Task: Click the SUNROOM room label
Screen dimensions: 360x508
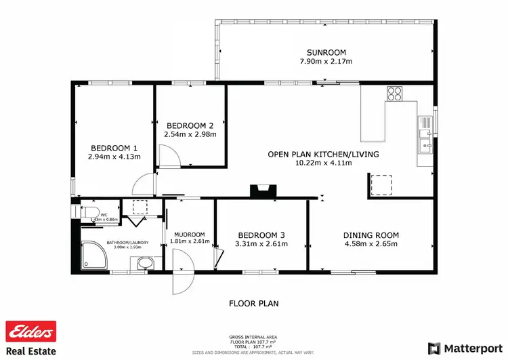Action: tap(326, 52)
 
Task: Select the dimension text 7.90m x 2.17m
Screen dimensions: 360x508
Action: tap(326, 62)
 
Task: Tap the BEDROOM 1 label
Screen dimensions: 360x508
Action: tap(114, 148)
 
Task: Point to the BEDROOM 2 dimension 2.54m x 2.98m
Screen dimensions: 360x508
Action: tap(190, 134)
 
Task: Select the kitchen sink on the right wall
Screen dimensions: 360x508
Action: tap(425, 134)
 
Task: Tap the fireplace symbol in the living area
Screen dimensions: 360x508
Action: tap(261, 192)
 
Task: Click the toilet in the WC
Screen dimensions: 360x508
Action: tap(89, 213)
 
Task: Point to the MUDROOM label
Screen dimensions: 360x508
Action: tap(190, 235)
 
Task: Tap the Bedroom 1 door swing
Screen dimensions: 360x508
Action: tap(144, 184)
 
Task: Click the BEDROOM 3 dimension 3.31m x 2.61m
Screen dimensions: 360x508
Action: tap(260, 244)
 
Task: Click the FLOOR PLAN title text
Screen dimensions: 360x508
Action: tap(253, 304)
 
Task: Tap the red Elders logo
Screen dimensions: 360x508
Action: tap(30, 332)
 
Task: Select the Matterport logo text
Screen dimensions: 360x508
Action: tap(471, 348)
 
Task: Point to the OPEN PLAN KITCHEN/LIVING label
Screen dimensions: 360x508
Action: tap(323, 154)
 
